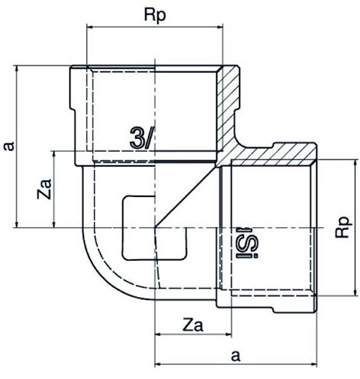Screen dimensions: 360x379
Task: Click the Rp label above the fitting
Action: (x=155, y=15)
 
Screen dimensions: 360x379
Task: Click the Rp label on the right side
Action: (x=343, y=227)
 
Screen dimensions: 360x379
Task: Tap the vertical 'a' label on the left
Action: (x=9, y=147)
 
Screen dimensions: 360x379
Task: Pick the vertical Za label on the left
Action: (x=44, y=189)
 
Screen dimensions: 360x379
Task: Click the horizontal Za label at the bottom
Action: (x=193, y=325)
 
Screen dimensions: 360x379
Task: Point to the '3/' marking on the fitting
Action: (x=141, y=137)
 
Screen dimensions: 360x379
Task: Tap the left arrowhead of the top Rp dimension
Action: (x=90, y=27)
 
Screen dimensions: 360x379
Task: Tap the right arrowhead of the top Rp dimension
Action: (x=220, y=27)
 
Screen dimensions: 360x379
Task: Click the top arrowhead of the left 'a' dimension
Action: (x=16, y=69)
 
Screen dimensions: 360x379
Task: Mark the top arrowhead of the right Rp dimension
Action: (x=355, y=163)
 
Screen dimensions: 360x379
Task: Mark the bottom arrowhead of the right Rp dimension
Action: (x=355, y=292)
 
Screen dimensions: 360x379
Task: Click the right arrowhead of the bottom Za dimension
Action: (x=229, y=335)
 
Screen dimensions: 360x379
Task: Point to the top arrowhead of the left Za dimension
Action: (x=54, y=155)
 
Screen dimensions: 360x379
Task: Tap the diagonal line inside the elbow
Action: (x=186, y=196)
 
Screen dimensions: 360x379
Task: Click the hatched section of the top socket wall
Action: (x=229, y=106)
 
